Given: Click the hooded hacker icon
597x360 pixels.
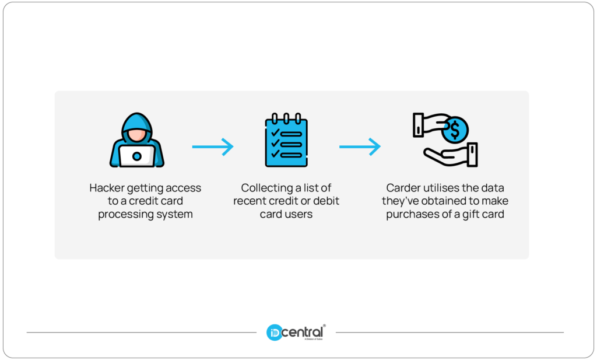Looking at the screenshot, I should [137, 140].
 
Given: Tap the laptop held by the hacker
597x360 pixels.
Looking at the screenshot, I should [137, 156].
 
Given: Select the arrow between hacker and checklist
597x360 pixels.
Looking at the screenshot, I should [213, 146].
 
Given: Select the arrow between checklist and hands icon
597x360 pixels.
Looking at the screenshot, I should [360, 146].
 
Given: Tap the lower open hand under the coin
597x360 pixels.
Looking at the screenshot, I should [449, 155].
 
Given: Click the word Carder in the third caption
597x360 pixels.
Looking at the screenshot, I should [403, 188].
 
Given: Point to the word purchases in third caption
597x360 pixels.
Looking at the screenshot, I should [409, 214].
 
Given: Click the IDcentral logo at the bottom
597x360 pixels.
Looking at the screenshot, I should [296, 333].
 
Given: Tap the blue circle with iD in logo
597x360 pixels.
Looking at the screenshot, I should [274, 333].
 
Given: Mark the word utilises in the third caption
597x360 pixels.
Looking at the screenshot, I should [441, 188].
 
